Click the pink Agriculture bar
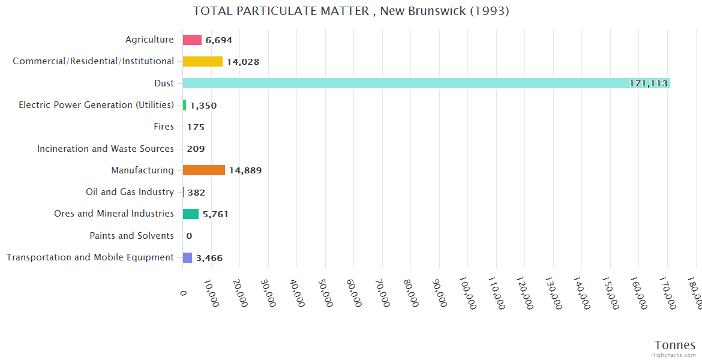(192, 40)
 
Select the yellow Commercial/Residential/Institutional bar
(202, 61)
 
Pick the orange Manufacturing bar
(203, 170)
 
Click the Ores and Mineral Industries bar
(191, 214)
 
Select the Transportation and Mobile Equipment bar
(187, 257)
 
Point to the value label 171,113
(648, 83)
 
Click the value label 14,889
(245, 170)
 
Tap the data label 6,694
(218, 40)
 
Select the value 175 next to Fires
(196, 127)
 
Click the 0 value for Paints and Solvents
(189, 236)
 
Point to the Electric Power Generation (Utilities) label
(96, 105)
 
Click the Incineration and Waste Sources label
(105, 149)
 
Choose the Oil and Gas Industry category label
(130, 192)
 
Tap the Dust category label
(164, 83)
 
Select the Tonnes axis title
(674, 345)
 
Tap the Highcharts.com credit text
(673, 355)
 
